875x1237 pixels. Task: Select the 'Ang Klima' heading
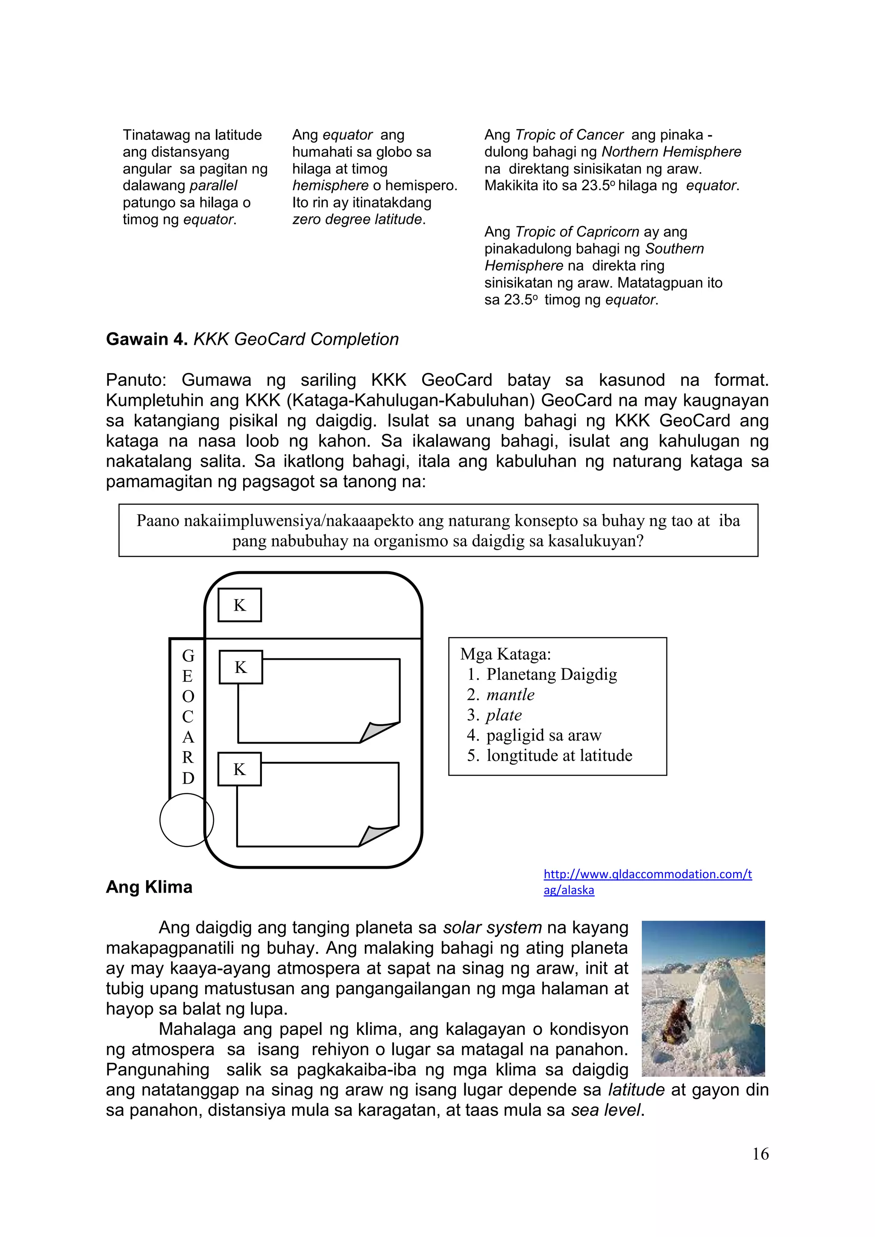click(149, 887)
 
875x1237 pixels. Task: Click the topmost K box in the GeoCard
click(239, 605)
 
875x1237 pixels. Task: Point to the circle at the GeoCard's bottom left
click(186, 820)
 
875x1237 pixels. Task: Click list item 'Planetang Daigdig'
click(551, 675)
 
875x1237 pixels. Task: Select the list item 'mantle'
click(510, 695)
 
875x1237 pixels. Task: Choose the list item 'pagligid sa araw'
click(543, 735)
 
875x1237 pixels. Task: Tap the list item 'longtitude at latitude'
click(559, 755)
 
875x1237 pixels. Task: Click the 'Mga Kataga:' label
click(505, 654)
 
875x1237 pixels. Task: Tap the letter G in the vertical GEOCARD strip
click(188, 656)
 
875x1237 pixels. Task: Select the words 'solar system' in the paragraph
click(492, 928)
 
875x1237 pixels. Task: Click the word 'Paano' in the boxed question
click(157, 521)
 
